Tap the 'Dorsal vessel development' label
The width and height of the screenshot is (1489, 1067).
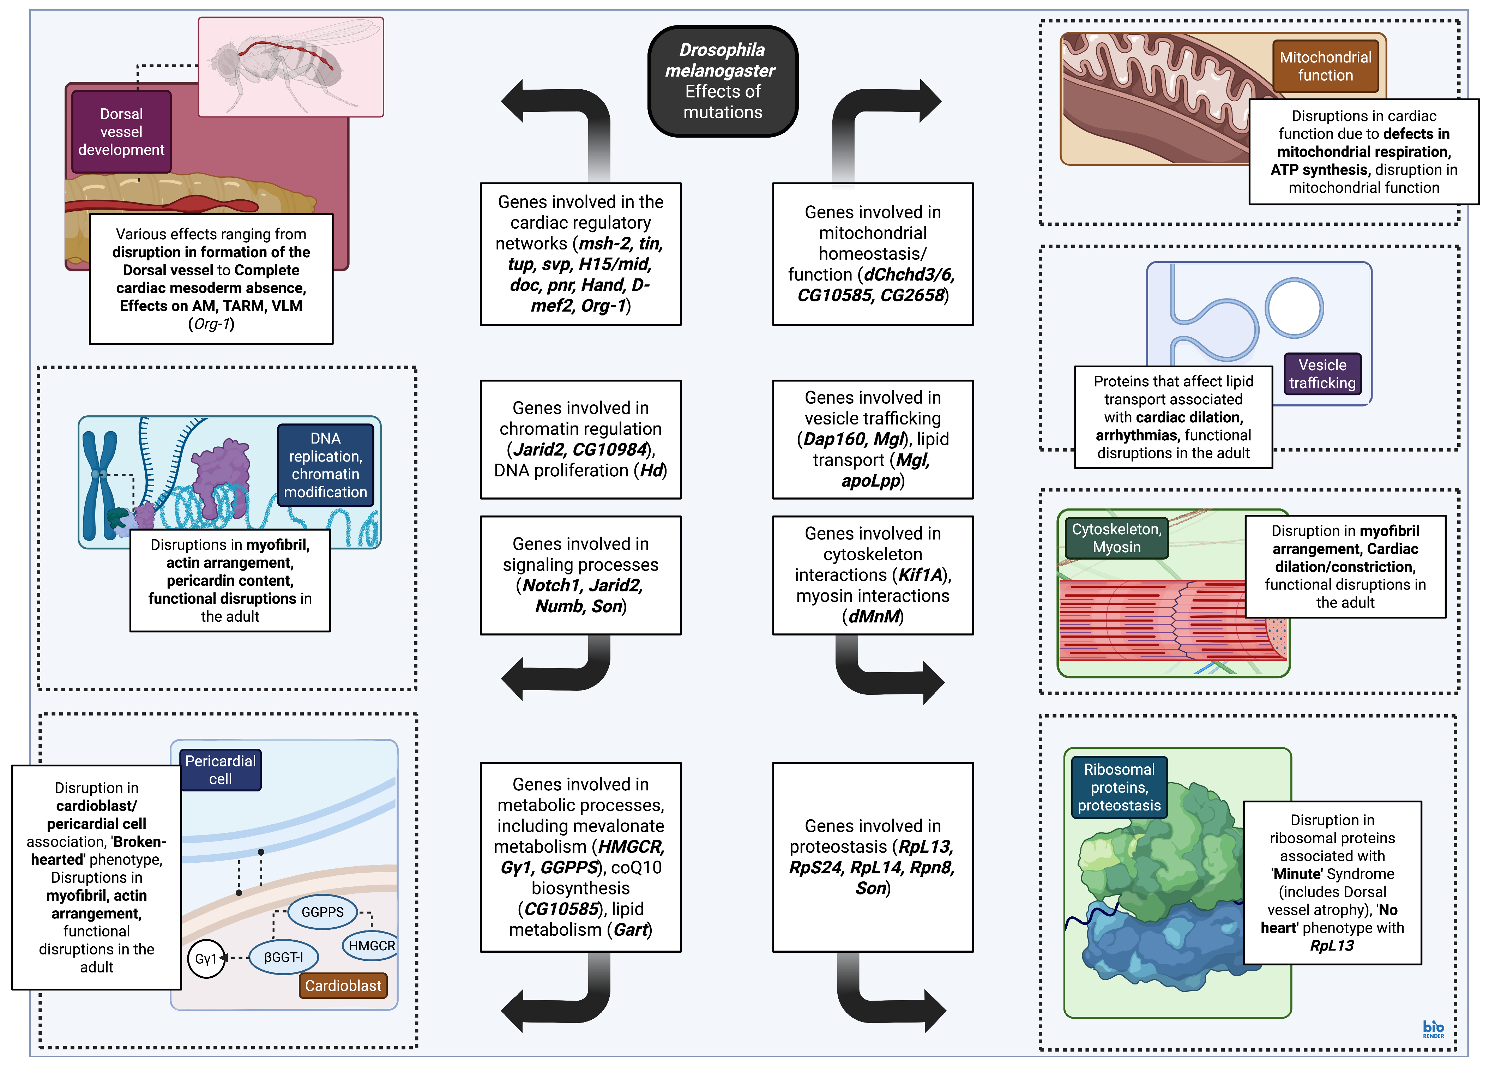coord(121,132)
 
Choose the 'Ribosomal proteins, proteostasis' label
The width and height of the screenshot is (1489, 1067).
coord(1119,787)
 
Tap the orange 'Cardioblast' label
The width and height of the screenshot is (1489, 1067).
coord(343,985)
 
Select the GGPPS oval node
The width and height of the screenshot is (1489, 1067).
coord(322,912)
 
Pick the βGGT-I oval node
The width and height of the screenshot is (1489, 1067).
coord(284,957)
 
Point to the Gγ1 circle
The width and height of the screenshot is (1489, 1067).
coord(205,959)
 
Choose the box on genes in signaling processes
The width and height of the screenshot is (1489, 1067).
coord(580,575)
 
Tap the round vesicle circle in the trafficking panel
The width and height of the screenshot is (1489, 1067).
coord(1294,308)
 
